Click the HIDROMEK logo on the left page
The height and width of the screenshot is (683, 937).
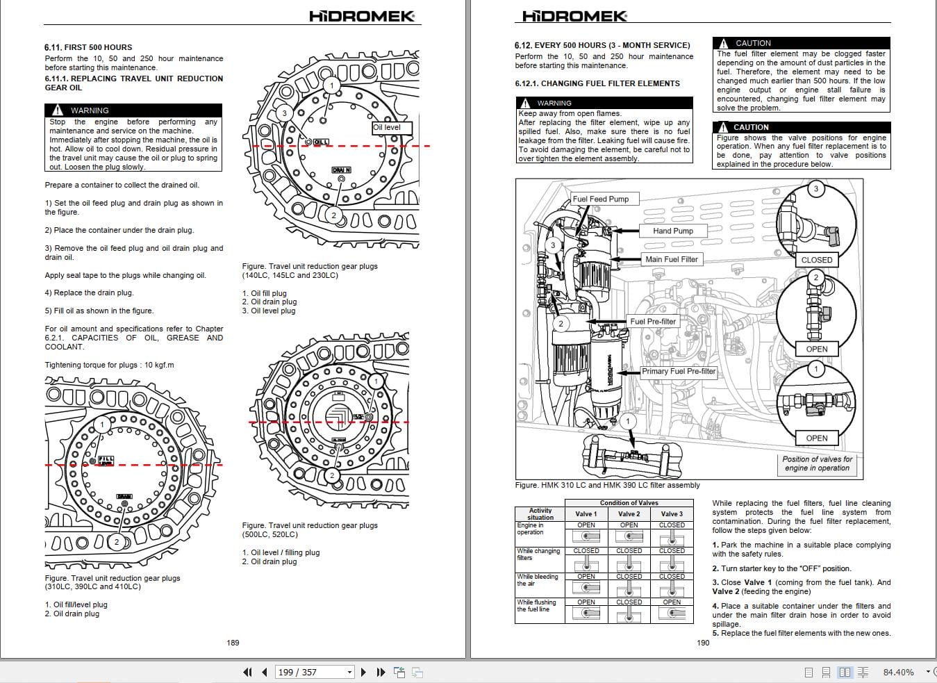362,16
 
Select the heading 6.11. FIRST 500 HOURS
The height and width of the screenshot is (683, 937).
88,47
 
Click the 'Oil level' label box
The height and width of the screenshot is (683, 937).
391,128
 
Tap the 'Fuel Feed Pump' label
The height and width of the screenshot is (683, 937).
600,199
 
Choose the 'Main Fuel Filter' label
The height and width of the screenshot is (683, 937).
671,259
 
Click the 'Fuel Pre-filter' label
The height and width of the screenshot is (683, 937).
652,322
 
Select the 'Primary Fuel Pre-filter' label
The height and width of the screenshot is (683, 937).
678,371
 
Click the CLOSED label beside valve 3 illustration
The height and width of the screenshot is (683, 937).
816,260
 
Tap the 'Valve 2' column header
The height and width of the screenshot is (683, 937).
629,514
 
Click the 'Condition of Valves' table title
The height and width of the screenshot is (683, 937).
629,503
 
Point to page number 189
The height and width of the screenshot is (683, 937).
233,643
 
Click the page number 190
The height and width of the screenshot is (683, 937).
703,643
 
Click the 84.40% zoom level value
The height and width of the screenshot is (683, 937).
898,673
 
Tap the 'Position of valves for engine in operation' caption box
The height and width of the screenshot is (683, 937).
817,463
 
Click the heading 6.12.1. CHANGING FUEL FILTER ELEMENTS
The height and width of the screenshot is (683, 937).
597,83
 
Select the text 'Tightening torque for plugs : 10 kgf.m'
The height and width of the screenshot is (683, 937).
109,365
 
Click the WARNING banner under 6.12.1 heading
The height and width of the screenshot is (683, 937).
604,103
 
